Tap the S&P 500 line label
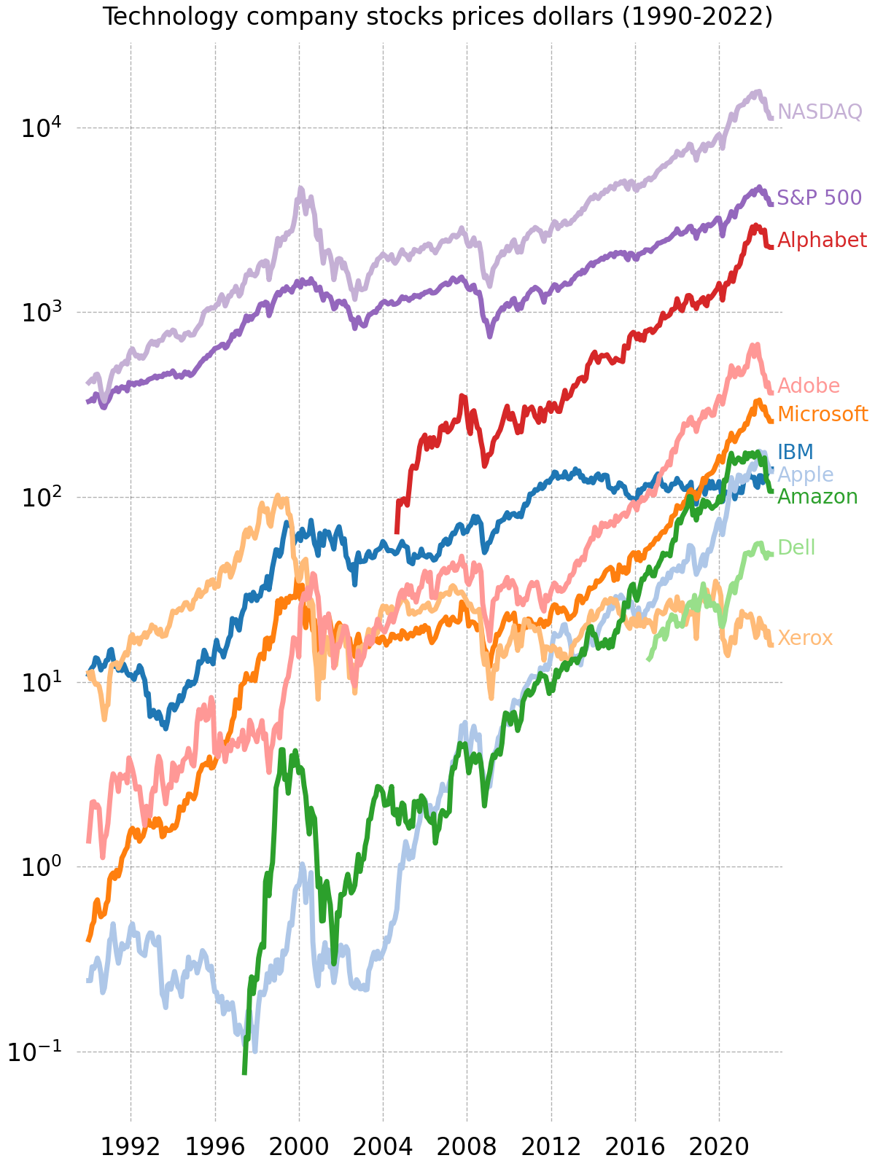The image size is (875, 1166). tap(819, 197)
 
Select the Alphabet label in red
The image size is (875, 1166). tap(822, 240)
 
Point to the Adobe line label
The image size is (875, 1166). tap(809, 386)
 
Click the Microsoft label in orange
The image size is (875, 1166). tap(822, 414)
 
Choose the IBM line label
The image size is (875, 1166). tap(796, 452)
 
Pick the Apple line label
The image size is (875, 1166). tap(805, 475)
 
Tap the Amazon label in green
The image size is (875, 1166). tap(817, 497)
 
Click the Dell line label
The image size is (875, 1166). tap(796, 547)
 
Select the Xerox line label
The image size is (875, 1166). tap(805, 638)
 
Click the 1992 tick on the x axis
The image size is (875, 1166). tap(131, 1146)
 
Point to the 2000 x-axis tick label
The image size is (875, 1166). tap(299, 1146)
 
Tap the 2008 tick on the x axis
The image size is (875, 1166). tap(467, 1146)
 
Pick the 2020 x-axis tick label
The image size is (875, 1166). tap(719, 1146)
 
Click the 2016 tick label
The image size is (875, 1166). tap(635, 1146)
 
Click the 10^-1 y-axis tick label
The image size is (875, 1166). tap(36, 1052)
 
